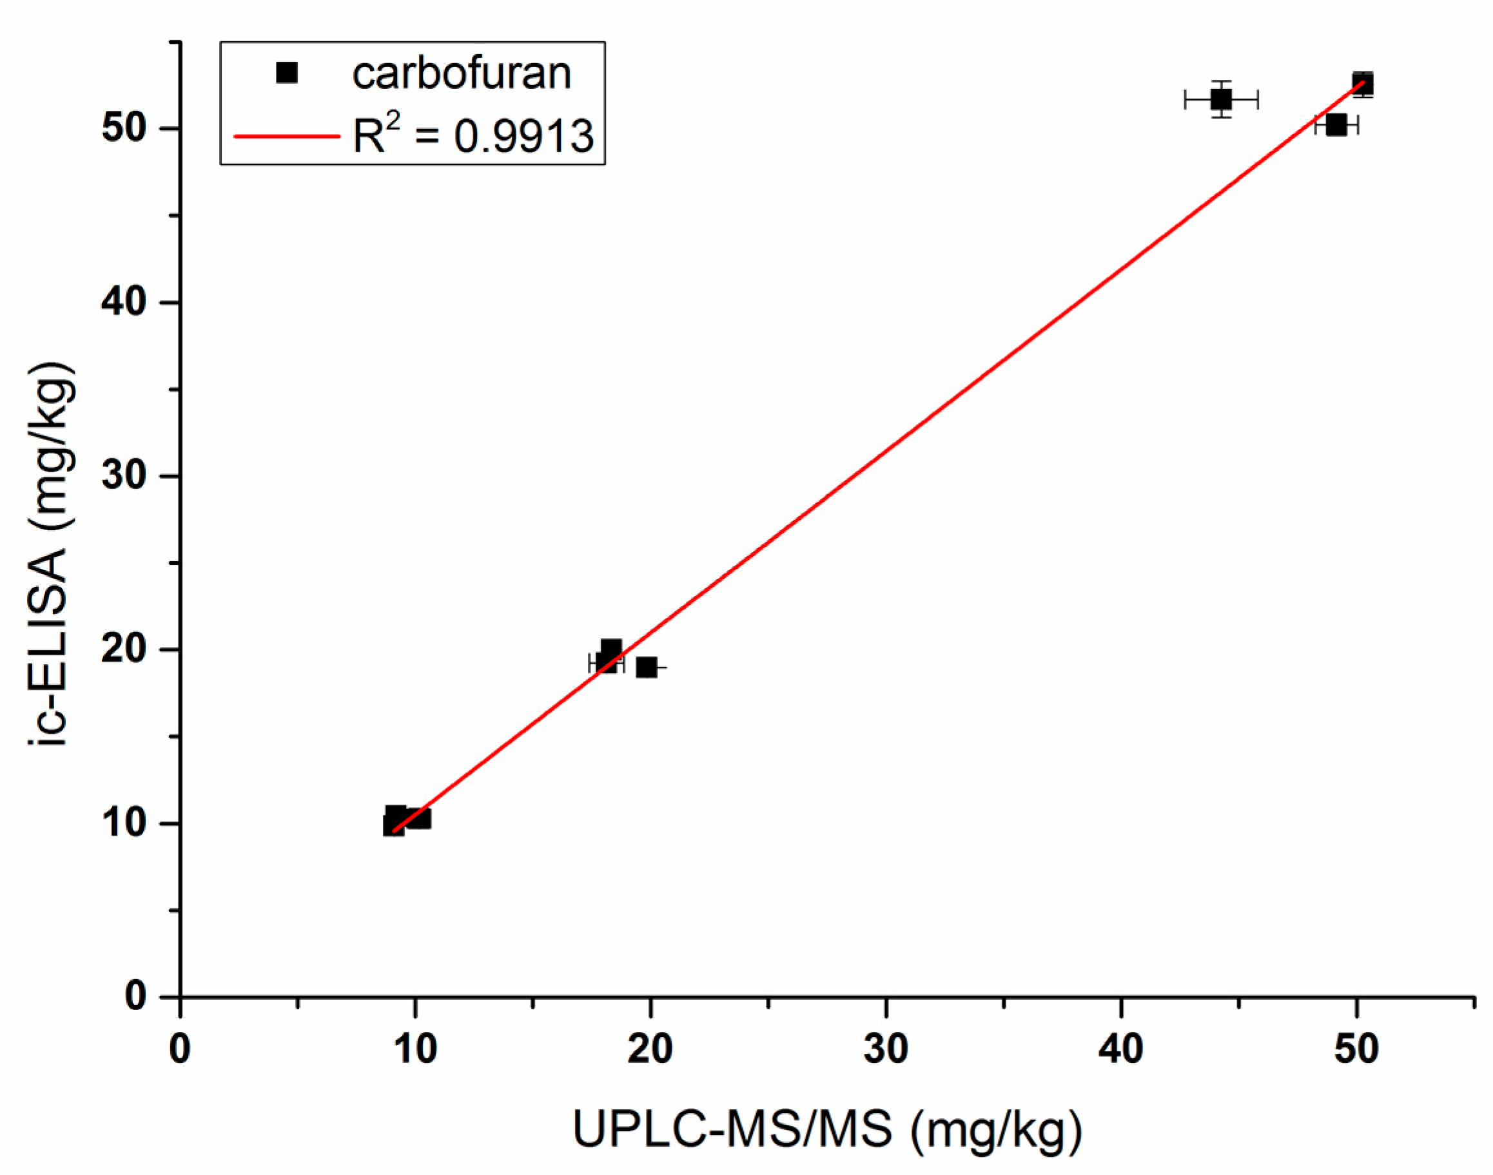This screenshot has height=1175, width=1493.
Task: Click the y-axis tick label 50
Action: tap(124, 129)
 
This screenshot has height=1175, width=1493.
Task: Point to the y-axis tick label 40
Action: tap(124, 302)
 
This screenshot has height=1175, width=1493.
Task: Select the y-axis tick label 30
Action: tap(124, 476)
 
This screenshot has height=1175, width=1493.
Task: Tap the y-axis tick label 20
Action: tap(124, 649)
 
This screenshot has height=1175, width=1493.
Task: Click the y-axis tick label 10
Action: tap(124, 823)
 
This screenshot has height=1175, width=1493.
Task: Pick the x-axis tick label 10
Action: tap(415, 1050)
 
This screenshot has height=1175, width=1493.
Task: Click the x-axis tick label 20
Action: tap(650, 1050)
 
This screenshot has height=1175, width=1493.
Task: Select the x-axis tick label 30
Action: tap(885, 1050)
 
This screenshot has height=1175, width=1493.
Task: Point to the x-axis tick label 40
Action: tap(1120, 1050)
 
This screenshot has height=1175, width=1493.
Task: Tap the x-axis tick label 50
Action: tap(1356, 1050)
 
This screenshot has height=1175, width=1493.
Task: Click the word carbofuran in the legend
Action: tap(461, 73)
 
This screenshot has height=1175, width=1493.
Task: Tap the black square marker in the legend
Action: tap(286, 72)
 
